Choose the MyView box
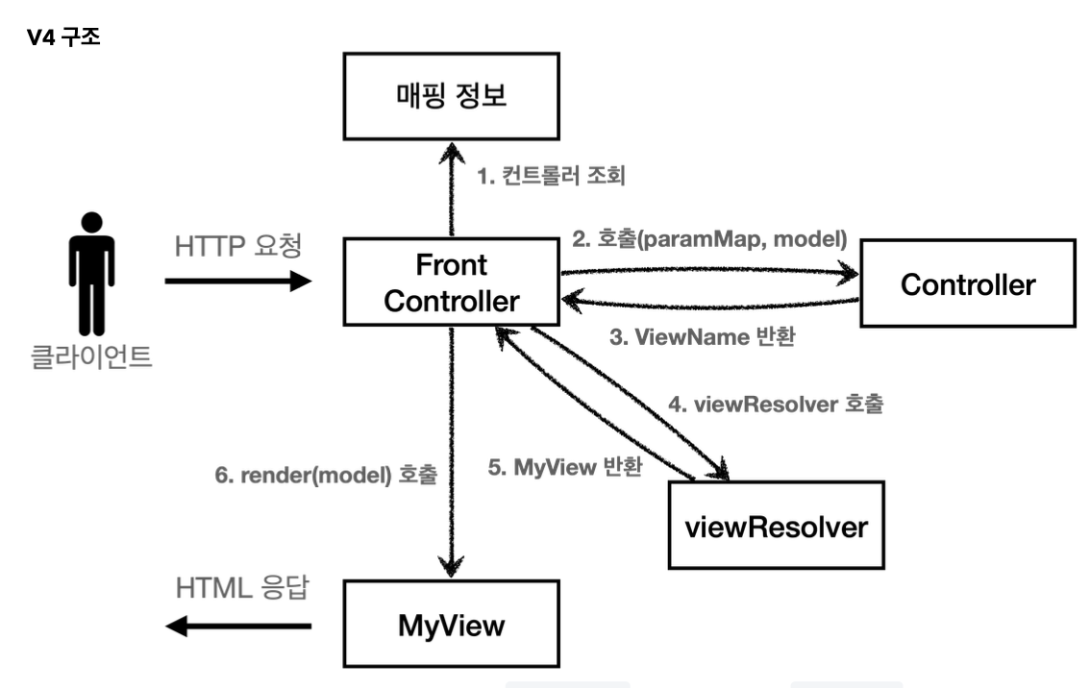(451, 627)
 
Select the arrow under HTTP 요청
(238, 282)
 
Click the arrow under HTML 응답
(238, 627)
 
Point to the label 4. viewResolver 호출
(775, 405)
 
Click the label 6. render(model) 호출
(326, 474)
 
